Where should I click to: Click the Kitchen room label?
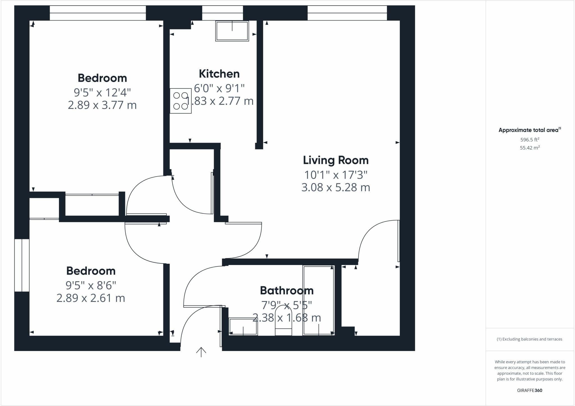[219, 74]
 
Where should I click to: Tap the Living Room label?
[336, 160]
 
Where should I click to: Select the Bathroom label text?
[286, 290]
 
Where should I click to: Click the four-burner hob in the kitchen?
[181, 101]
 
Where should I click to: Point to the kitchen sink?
[232, 31]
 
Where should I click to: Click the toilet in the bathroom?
[283, 321]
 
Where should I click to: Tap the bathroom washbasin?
[243, 326]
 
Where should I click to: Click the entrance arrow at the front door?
[201, 352]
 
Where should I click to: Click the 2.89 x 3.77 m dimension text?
[102, 105]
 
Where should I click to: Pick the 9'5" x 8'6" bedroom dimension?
[91, 285]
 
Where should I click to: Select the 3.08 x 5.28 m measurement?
[336, 187]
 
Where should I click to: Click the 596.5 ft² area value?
[530, 140]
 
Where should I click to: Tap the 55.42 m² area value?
[530, 148]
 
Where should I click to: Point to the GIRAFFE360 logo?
[530, 390]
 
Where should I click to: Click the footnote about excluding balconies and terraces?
[530, 339]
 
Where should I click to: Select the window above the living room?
[347, 13]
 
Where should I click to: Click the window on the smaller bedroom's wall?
[22, 265]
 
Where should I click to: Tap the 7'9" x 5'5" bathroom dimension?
[286, 305]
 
